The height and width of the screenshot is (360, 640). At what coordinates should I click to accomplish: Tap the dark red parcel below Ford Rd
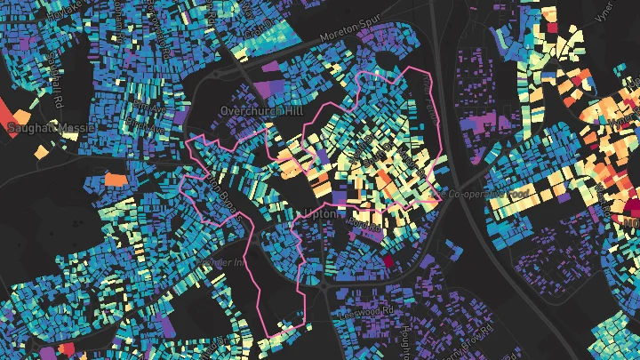pyautogui.click(x=388, y=261)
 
